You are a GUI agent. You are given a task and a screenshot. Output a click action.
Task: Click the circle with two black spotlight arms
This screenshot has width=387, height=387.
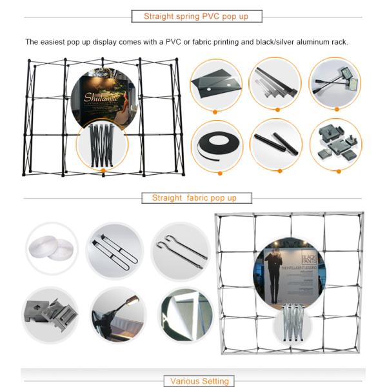pos(334,83)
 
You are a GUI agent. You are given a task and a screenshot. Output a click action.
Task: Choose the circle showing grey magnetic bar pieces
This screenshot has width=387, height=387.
pos(275,83)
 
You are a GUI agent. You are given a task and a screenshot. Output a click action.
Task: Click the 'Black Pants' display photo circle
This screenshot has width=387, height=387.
pos(290,273)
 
